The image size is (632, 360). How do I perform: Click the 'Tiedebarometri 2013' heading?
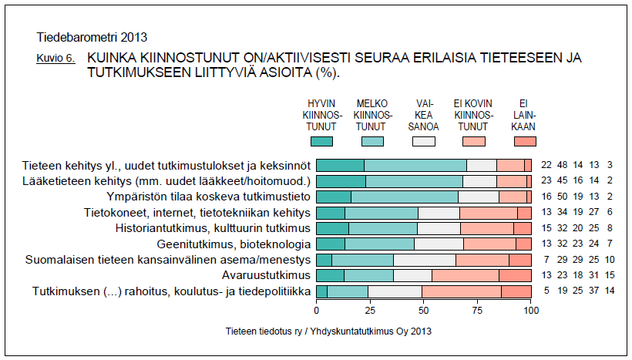(x=92, y=37)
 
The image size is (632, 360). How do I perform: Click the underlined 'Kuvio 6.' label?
(x=55, y=59)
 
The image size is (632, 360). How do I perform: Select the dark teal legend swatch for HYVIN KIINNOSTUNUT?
(x=321, y=141)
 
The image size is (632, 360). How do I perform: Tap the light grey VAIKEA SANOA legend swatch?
(x=424, y=141)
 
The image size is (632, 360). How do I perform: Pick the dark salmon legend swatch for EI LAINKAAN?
(x=524, y=141)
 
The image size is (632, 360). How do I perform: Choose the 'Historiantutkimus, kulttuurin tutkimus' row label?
(x=213, y=228)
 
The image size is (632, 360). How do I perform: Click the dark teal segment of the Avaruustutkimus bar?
(x=331, y=275)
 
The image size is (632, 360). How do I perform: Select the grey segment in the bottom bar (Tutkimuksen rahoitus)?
(x=395, y=291)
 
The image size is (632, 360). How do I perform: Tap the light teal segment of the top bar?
(x=415, y=165)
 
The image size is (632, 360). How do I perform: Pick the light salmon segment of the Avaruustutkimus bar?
(x=466, y=275)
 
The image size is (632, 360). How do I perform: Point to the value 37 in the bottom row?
(x=594, y=291)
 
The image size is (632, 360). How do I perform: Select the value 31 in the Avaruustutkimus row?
(x=594, y=275)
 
